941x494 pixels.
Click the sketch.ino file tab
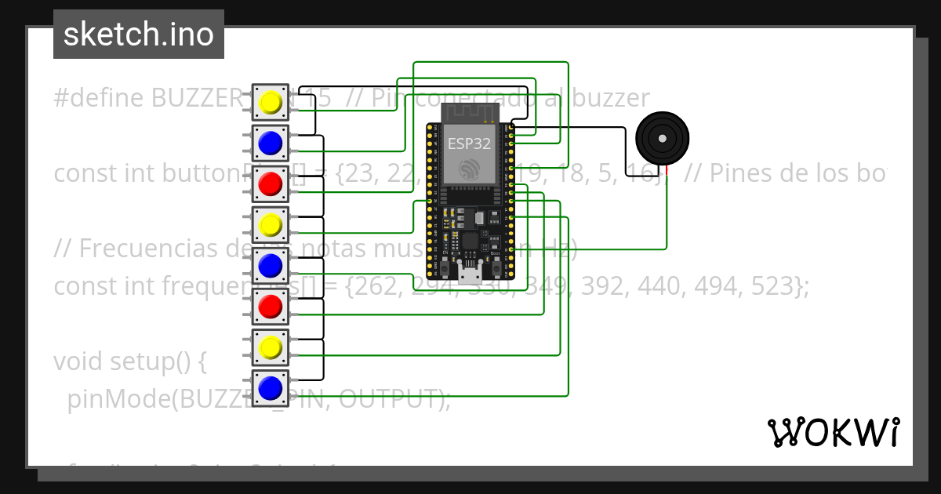pyautogui.click(x=139, y=35)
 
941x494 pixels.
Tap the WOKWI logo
pyautogui.click(x=833, y=432)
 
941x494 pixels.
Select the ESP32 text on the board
pyautogui.click(x=469, y=143)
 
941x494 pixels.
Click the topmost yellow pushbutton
pyautogui.click(x=271, y=103)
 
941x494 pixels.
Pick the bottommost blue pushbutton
pyautogui.click(x=271, y=388)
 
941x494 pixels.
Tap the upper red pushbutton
pyautogui.click(x=271, y=184)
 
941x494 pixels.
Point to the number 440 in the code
pyautogui.click(x=655, y=286)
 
